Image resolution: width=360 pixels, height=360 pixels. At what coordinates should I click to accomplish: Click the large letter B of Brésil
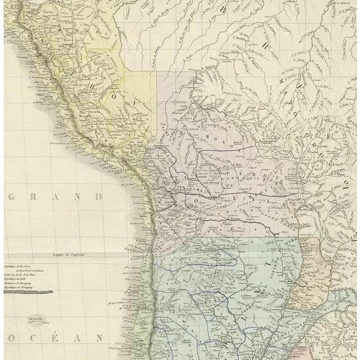[x=224, y=10]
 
